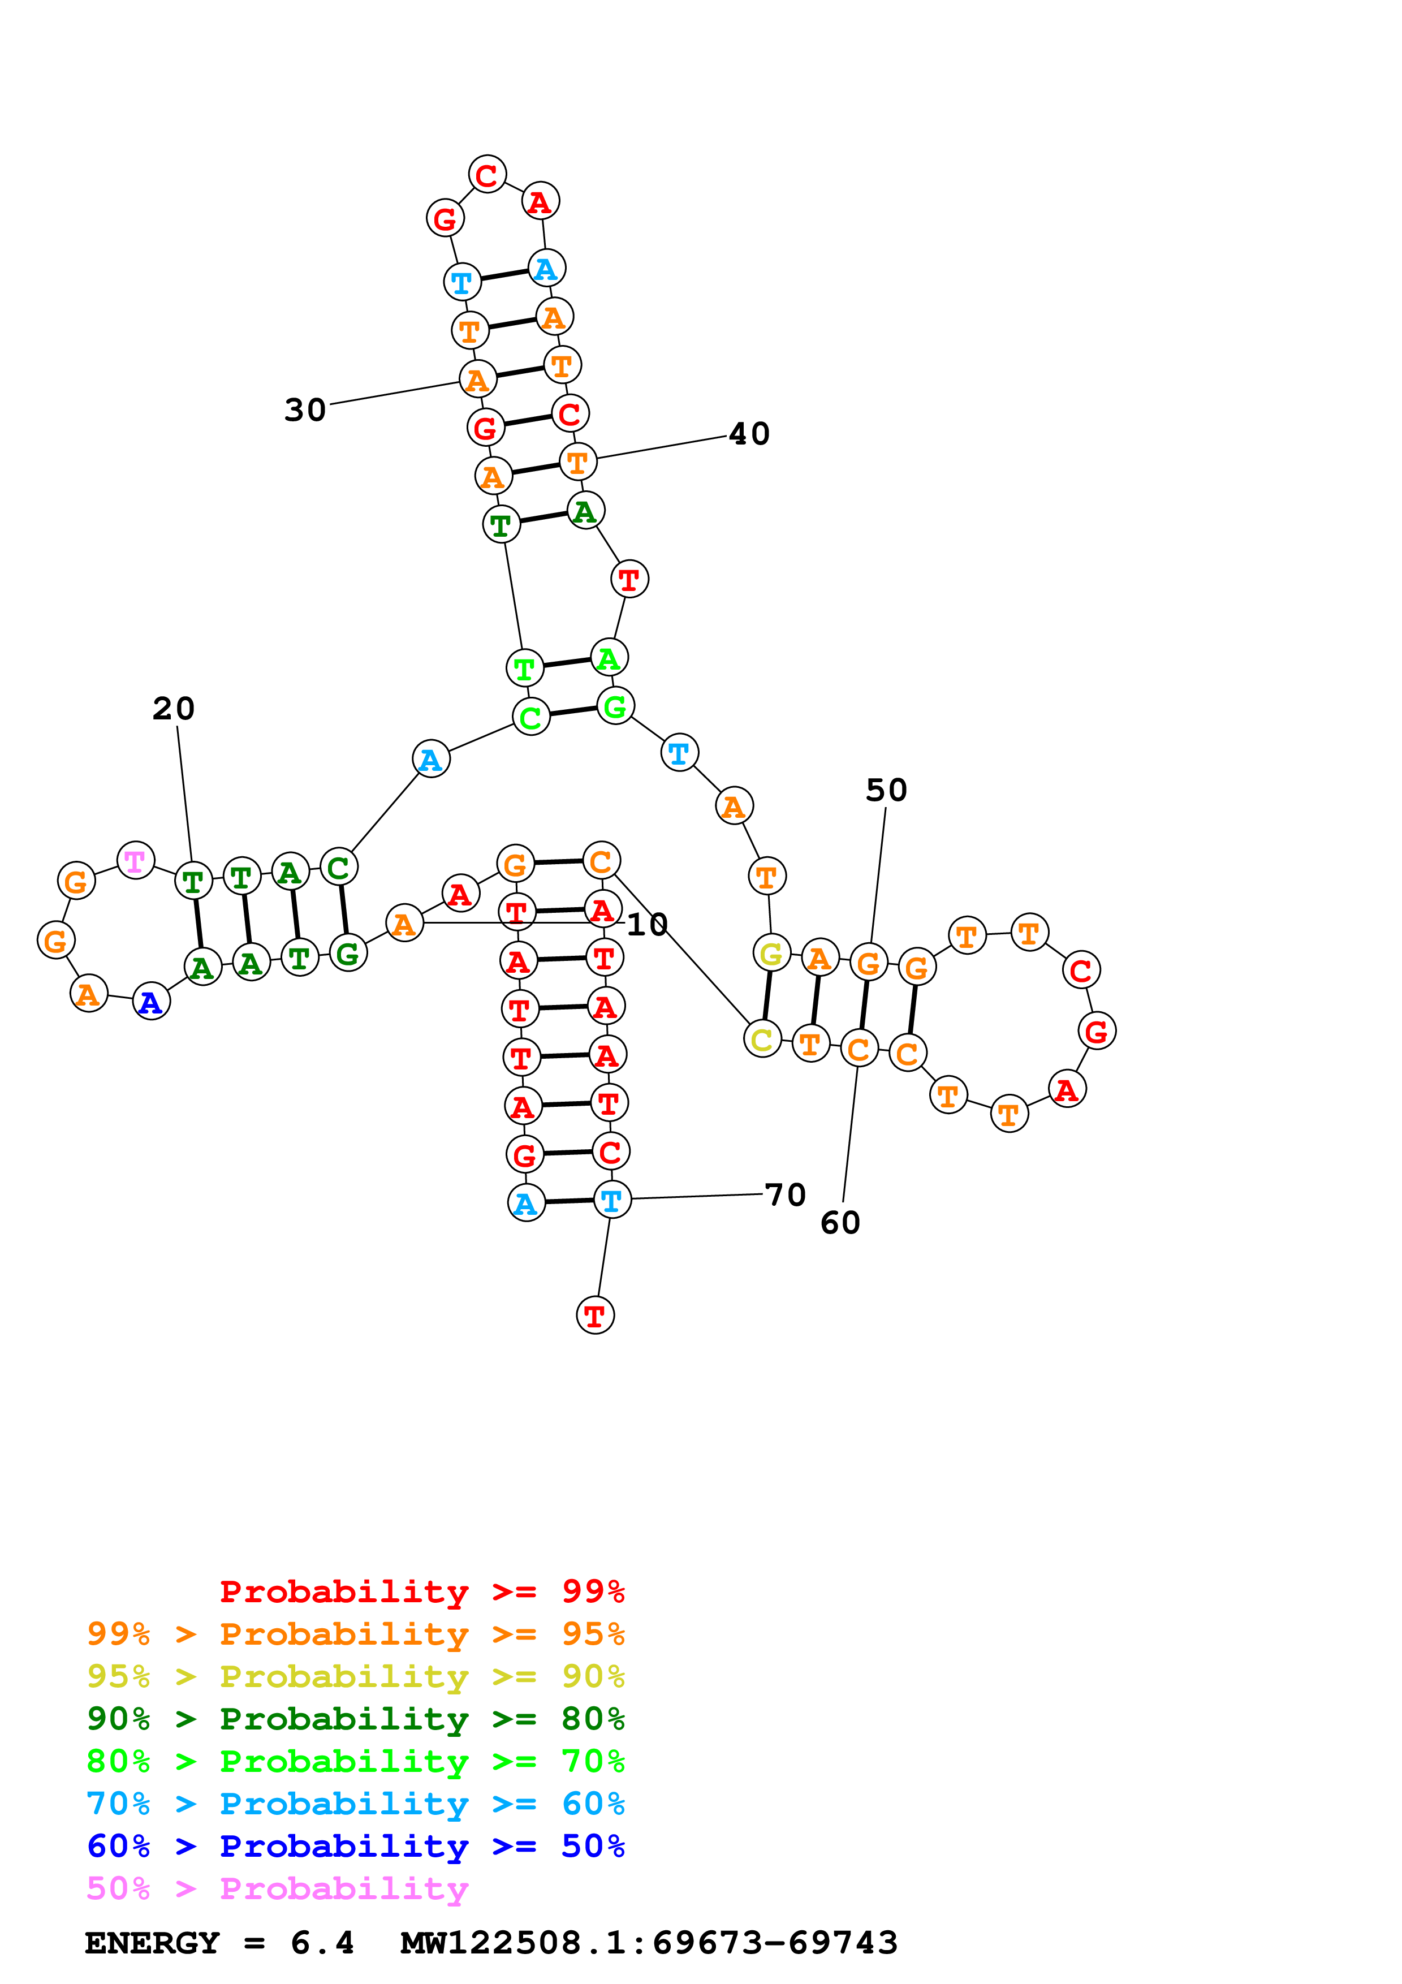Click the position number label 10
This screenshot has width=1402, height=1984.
coord(647,925)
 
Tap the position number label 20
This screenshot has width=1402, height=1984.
coord(174,709)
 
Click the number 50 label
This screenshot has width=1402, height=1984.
coord(886,790)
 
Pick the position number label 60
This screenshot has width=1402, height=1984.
coord(840,1223)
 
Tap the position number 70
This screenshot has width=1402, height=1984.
coord(785,1194)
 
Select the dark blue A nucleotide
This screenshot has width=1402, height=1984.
coord(151,1002)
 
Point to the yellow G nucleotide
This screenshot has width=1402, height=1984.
coord(771,953)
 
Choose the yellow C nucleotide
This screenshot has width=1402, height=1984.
coord(762,1039)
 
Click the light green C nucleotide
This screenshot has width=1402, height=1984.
coord(530,717)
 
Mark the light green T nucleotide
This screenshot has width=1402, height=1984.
coord(524,668)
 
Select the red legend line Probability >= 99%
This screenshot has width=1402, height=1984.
coord(421,1591)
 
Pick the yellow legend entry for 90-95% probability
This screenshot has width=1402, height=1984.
coord(355,1676)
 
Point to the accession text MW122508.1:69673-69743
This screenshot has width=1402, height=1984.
coord(649,1943)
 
